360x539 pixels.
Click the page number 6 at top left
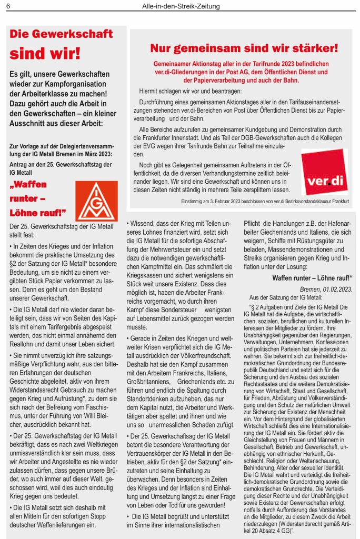pos(8,6)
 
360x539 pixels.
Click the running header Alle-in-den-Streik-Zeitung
pos(181,6)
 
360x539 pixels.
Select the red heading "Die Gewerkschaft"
pos(62,34)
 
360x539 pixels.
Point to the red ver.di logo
pos(324,172)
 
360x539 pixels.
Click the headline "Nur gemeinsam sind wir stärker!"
pos(244,48)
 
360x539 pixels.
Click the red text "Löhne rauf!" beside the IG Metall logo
pos(38,213)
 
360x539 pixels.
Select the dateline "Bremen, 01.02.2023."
pos(326,290)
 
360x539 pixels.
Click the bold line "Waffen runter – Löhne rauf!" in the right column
pos(312,278)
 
